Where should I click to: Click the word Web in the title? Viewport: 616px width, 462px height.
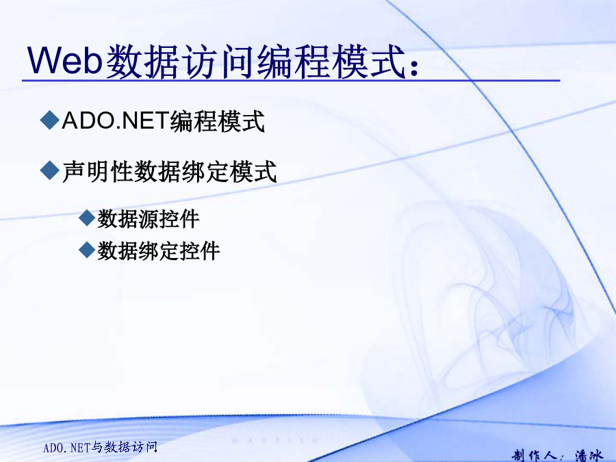(x=65, y=60)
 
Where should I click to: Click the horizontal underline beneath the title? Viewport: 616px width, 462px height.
(x=291, y=81)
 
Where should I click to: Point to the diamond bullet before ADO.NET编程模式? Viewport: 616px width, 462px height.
(x=50, y=119)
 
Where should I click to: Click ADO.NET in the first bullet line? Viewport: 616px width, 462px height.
(x=116, y=120)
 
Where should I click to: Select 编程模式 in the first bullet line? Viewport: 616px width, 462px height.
(x=217, y=120)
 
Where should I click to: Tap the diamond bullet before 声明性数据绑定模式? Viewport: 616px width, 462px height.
(x=50, y=170)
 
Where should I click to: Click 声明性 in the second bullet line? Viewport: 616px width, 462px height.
(x=98, y=171)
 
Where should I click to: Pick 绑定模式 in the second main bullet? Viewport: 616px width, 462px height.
(x=229, y=171)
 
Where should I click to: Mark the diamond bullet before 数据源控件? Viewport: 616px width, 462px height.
(x=87, y=218)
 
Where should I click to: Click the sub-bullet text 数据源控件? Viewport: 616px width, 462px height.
(x=149, y=218)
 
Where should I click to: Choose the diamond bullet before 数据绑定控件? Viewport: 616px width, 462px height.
(x=87, y=249)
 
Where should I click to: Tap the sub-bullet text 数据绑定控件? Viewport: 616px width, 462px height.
(x=159, y=251)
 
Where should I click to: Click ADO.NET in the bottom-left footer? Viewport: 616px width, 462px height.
(x=67, y=448)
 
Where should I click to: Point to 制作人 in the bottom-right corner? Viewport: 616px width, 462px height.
(x=535, y=456)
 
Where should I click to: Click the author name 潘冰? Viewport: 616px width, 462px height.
(x=589, y=456)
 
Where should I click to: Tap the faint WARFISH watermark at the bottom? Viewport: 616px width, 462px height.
(x=275, y=441)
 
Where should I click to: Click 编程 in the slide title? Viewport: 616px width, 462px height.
(x=293, y=61)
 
